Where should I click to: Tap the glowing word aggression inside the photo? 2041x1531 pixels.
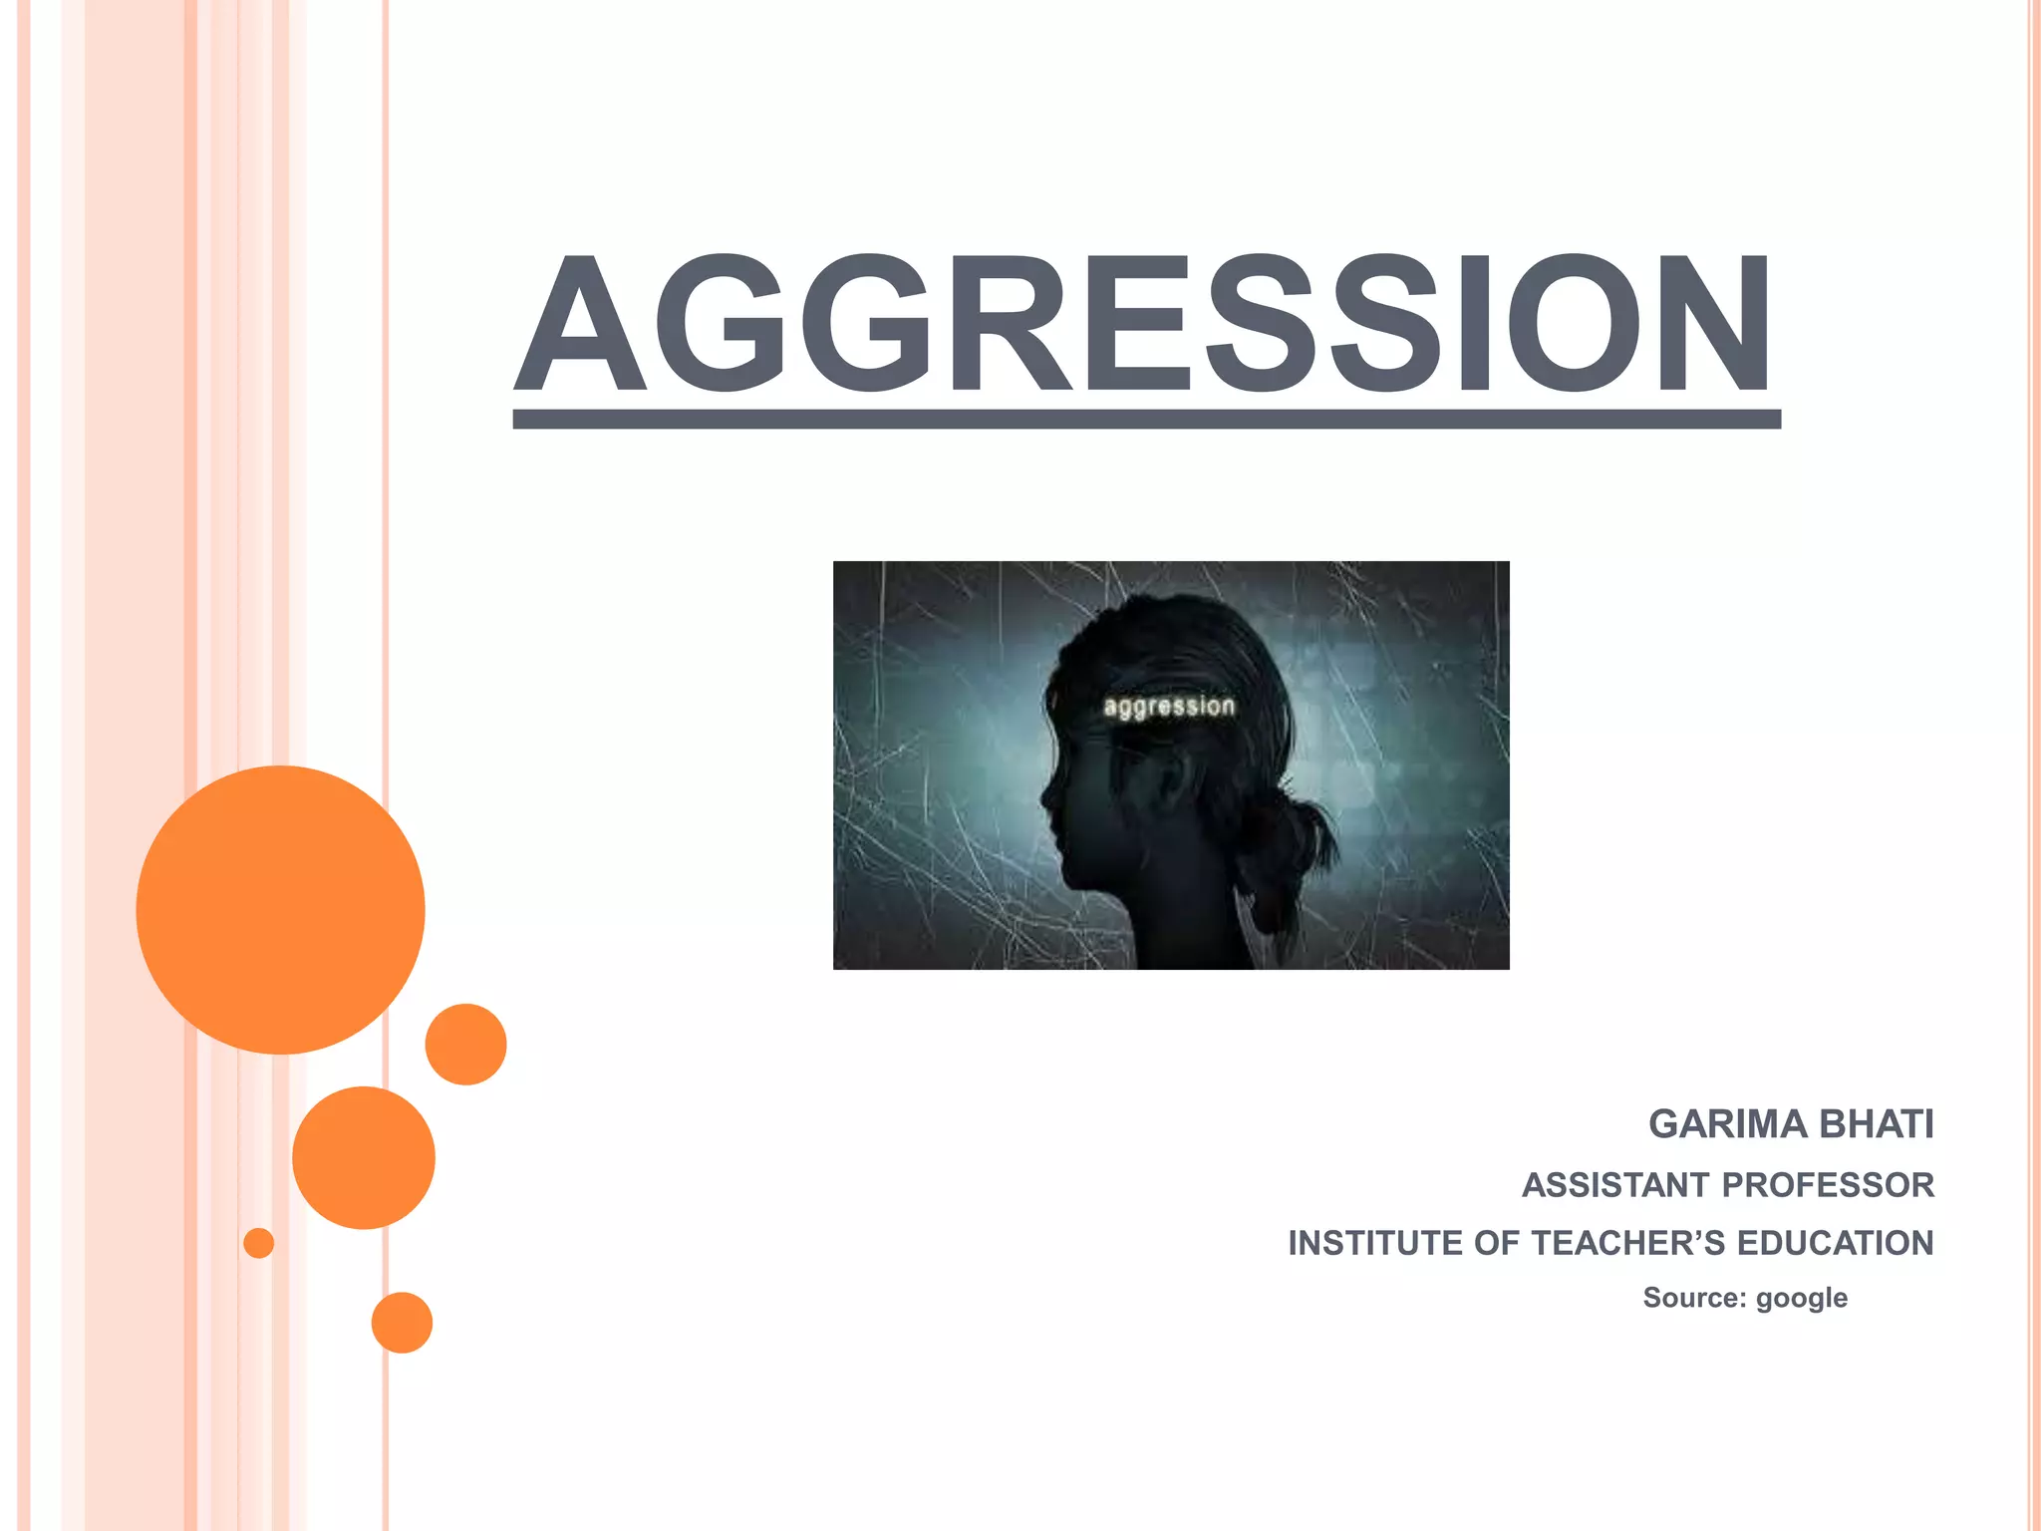(x=1169, y=707)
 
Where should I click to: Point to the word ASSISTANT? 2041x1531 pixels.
(x=1615, y=1185)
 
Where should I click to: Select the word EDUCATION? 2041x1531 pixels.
(x=1835, y=1244)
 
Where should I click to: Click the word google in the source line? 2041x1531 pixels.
(x=1801, y=1298)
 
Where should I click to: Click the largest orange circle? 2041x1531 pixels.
(x=280, y=909)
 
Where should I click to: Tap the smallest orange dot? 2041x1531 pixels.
(x=258, y=1243)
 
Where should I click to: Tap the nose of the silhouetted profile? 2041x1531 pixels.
(x=1045, y=796)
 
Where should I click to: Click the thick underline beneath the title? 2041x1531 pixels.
(x=1146, y=419)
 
